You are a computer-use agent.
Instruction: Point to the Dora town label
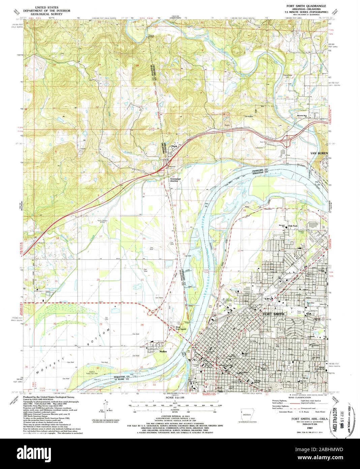click(x=174, y=146)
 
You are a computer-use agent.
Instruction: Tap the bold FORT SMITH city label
click(x=273, y=314)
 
